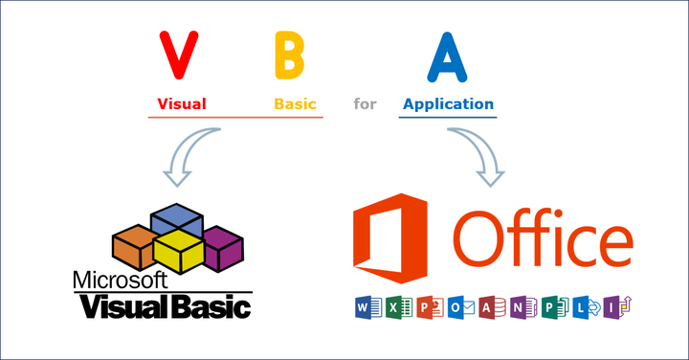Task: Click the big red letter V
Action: [x=179, y=56]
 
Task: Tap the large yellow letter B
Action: [x=289, y=56]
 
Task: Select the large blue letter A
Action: [x=446, y=57]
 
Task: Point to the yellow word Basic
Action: [x=295, y=103]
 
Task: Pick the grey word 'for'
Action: [x=365, y=103]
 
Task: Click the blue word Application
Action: [x=448, y=103]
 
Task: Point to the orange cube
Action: [x=133, y=245]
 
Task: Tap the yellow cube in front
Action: [x=179, y=252]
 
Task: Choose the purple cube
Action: [x=223, y=247]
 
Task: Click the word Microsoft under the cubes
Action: [x=121, y=281]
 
